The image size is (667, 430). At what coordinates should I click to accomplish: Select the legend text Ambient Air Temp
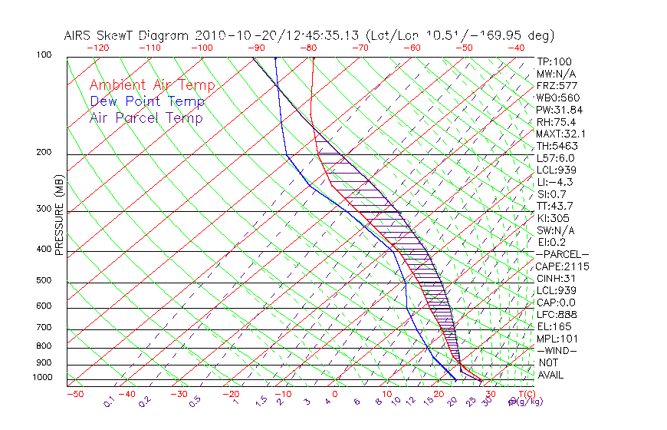(x=152, y=85)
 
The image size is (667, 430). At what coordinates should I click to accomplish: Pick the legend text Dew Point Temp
(x=146, y=101)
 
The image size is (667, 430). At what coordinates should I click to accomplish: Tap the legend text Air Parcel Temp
(x=146, y=117)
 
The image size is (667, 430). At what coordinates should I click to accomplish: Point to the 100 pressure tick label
(x=44, y=55)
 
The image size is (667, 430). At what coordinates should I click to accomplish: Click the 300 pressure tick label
(x=44, y=209)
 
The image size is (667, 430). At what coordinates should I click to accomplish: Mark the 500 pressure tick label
(x=44, y=280)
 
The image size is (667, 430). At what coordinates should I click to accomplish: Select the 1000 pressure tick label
(x=41, y=377)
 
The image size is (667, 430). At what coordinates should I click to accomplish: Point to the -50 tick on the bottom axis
(x=74, y=394)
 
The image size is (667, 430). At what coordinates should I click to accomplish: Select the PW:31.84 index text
(x=560, y=110)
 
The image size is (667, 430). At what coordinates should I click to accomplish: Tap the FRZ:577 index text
(x=557, y=85)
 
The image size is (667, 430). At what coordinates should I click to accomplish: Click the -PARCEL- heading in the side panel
(x=562, y=254)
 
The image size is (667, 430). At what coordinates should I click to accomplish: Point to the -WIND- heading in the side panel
(x=557, y=350)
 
